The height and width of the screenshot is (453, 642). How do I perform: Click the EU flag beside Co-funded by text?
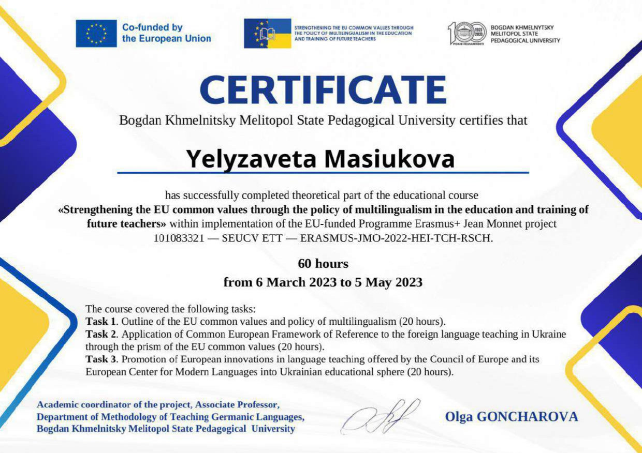point(96,33)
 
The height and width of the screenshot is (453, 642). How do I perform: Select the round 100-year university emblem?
point(467,33)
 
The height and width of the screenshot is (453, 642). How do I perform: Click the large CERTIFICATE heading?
point(323,90)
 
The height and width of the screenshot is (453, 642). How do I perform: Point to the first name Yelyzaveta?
point(251,159)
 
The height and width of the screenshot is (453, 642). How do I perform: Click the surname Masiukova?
point(389,159)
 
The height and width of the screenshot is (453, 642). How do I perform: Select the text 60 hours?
point(323,264)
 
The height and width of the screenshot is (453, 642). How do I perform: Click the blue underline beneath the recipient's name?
point(323,172)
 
